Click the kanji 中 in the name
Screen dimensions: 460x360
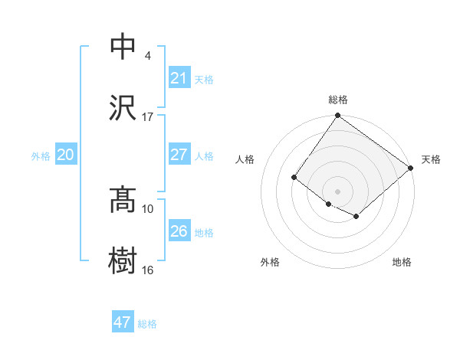(123, 47)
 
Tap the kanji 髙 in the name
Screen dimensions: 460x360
(123, 200)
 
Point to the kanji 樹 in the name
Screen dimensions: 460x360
(123, 260)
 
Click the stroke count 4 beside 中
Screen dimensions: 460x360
(148, 56)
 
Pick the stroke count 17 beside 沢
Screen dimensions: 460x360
(148, 116)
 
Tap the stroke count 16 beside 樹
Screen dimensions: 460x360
(148, 270)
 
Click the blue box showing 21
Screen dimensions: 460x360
(179, 78)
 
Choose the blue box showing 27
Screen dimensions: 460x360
(179, 155)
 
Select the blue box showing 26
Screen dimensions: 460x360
(179, 231)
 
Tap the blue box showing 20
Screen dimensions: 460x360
(65, 155)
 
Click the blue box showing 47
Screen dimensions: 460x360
(123, 322)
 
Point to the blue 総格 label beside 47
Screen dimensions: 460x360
(147, 324)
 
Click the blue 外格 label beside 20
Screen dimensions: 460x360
(41, 156)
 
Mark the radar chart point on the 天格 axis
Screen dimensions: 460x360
(412, 169)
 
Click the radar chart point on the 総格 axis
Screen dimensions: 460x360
(337, 116)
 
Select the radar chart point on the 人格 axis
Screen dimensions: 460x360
(294, 178)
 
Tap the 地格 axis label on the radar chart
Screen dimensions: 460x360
(402, 262)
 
